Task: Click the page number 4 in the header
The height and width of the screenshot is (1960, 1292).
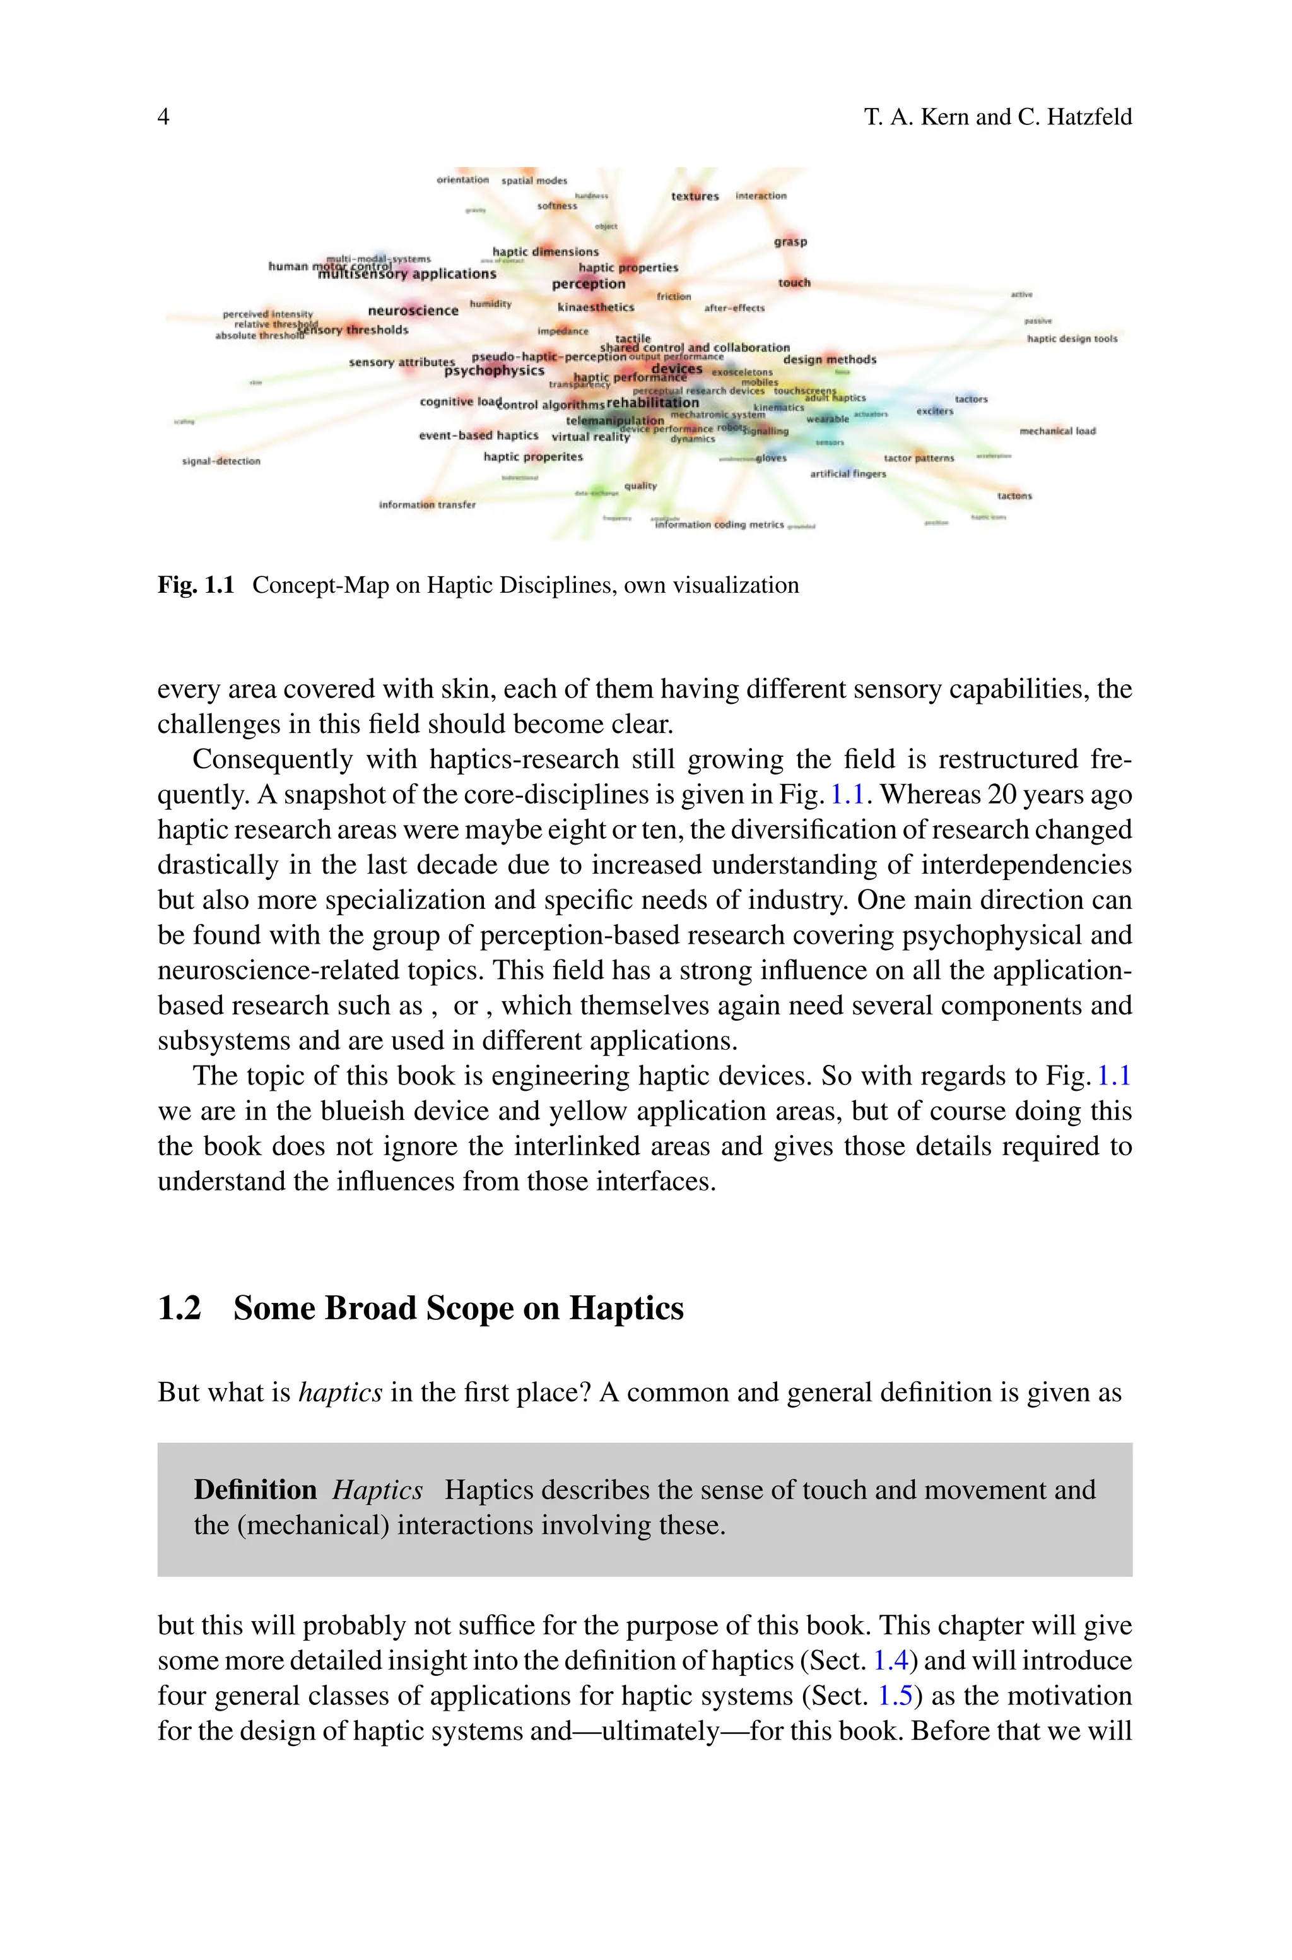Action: [163, 117]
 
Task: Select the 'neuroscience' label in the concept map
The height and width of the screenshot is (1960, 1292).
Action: [413, 311]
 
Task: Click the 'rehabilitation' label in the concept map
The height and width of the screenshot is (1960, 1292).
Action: [652, 403]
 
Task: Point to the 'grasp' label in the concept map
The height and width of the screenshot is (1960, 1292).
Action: [790, 242]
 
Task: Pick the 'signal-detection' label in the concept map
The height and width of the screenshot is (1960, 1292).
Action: [221, 461]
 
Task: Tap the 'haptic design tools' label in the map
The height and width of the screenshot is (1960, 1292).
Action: [1072, 339]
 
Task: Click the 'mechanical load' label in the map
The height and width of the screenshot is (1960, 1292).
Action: [1057, 431]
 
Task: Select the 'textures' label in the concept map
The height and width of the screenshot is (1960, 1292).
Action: [695, 196]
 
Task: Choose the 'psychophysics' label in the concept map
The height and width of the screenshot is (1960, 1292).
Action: [495, 371]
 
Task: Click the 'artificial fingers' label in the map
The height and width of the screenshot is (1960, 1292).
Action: [848, 474]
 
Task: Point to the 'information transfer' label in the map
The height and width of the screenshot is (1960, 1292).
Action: [427, 504]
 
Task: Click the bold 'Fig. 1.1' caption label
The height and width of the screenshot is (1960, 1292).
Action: [196, 585]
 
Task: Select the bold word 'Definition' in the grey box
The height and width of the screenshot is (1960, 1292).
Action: [255, 1490]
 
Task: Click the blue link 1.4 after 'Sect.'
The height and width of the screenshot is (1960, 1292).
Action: [890, 1660]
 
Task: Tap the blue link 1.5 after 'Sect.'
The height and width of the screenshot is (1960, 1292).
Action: [895, 1696]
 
